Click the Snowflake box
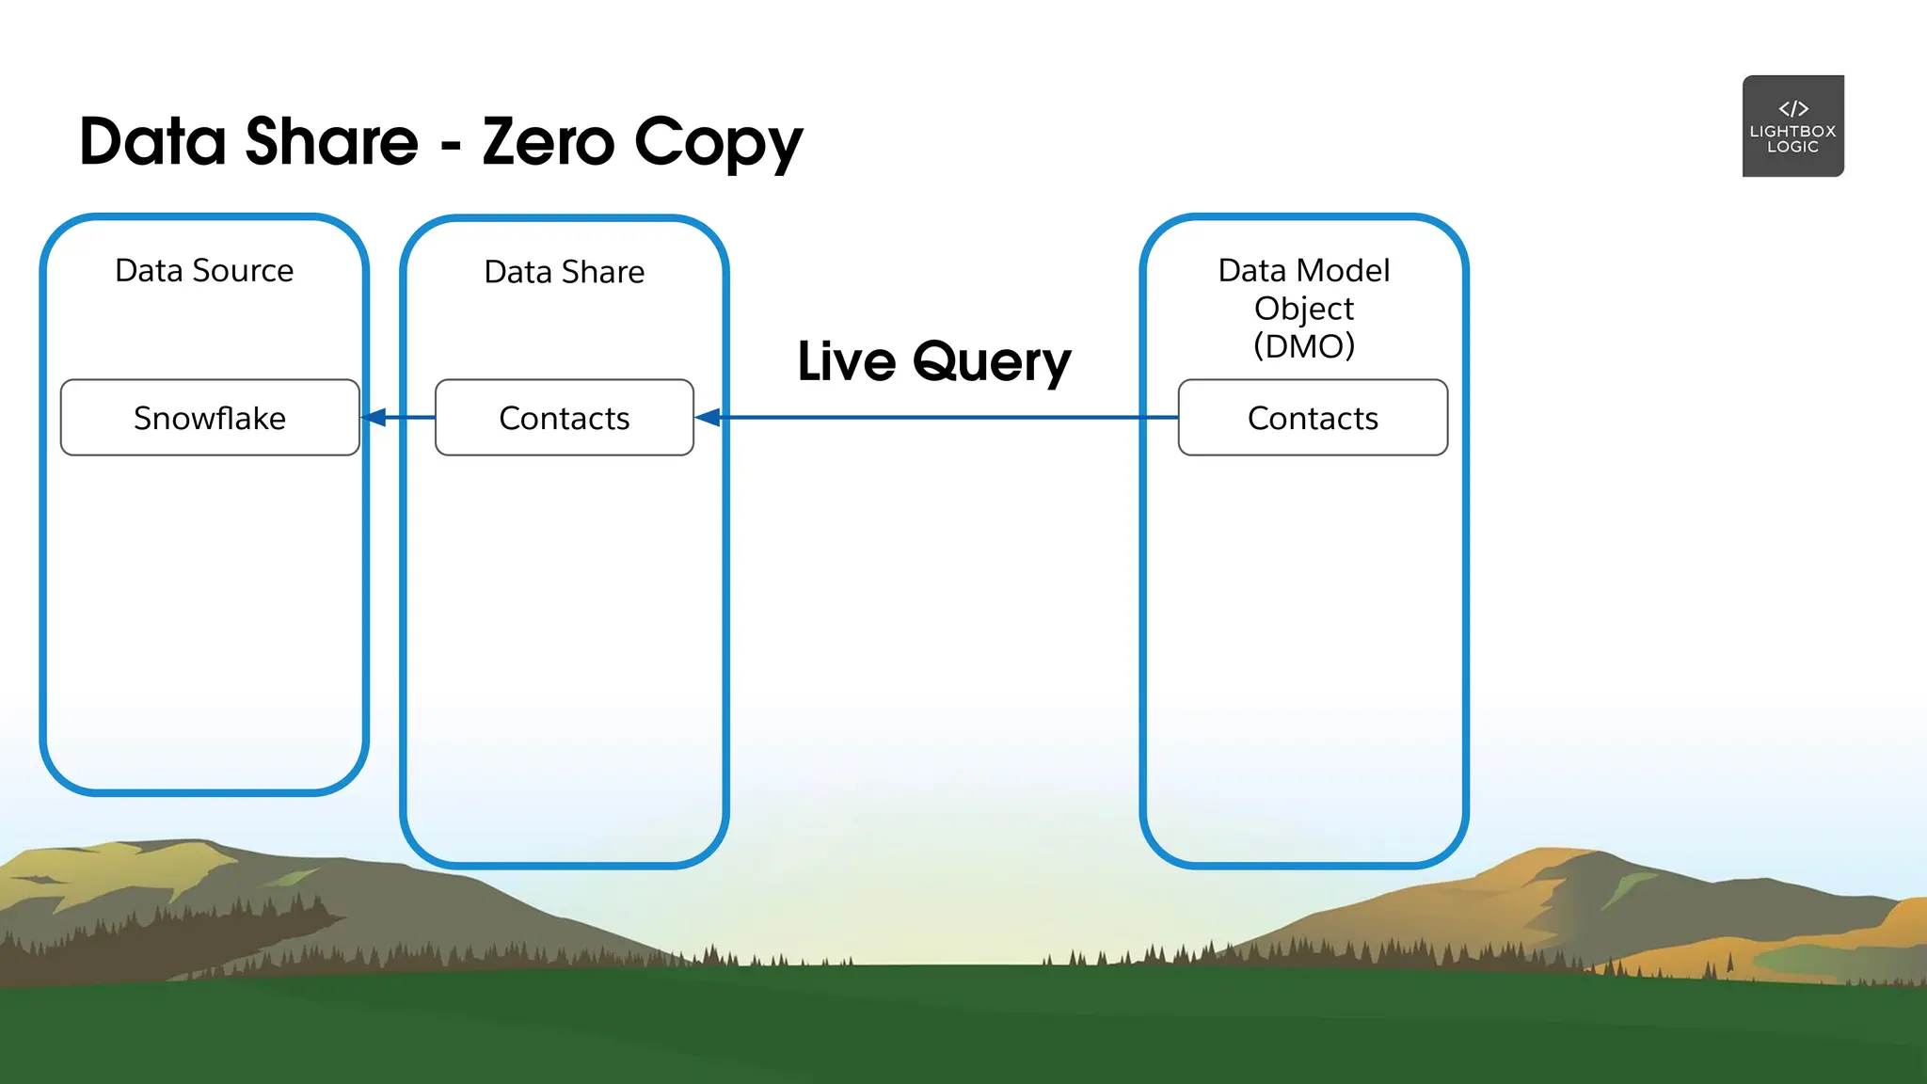click(x=210, y=418)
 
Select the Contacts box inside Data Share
click(x=565, y=418)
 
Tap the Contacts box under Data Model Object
click(x=1313, y=418)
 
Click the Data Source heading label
click(x=204, y=271)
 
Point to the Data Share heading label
click(x=565, y=272)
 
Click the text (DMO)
click(x=1304, y=346)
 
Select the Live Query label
click(x=934, y=361)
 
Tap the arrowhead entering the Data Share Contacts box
click(x=708, y=417)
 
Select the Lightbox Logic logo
click(x=1793, y=126)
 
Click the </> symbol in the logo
click(x=1793, y=108)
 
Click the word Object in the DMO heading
click(x=1304, y=309)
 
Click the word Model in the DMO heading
click(x=1346, y=271)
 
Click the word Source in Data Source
click(x=243, y=271)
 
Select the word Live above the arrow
click(x=847, y=361)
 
